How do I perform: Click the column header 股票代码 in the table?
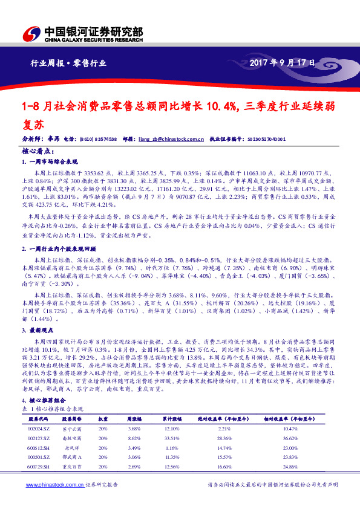tap(38, 418)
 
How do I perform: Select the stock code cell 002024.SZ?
tap(38, 429)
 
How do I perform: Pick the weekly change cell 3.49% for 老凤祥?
tap(134, 449)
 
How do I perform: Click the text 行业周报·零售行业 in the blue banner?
tap(68, 62)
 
